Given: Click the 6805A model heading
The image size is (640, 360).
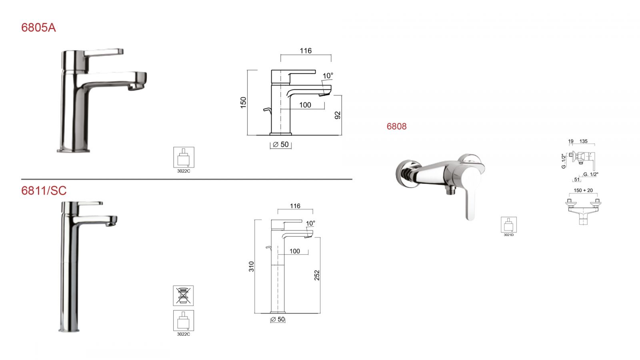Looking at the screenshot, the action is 38,28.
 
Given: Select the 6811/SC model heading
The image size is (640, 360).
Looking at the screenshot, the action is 44,190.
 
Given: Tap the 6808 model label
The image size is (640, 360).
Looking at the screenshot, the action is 396,126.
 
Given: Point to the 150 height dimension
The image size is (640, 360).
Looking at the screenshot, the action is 243,102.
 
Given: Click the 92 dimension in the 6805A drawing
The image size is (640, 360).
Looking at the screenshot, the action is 338,115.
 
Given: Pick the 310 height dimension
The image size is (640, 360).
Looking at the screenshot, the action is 251,266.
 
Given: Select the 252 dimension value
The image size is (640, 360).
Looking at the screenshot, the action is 317,275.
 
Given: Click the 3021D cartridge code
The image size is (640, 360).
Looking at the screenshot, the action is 508,235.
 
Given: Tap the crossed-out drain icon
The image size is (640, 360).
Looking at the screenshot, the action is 183,296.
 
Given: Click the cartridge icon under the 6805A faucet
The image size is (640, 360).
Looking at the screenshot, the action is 184,157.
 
